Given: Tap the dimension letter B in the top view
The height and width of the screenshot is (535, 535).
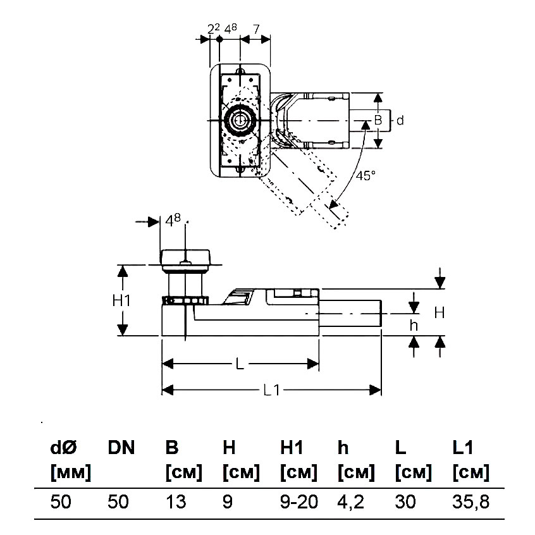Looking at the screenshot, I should pyautogui.click(x=378, y=120).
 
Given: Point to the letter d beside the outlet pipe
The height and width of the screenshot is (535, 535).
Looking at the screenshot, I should pyautogui.click(x=400, y=120).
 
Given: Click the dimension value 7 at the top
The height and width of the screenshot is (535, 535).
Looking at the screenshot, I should pyautogui.click(x=255, y=28).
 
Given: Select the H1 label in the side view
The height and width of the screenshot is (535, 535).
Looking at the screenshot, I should pyautogui.click(x=121, y=301).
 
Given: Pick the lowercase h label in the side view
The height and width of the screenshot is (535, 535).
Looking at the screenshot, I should pyautogui.click(x=414, y=325).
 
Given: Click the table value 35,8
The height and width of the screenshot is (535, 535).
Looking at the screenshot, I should pyautogui.click(x=471, y=502).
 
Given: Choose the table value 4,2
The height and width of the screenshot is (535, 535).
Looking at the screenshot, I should pyautogui.click(x=352, y=502).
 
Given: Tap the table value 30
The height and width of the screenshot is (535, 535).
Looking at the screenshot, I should pyautogui.click(x=405, y=502).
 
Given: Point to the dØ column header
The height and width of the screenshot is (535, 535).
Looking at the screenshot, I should pyautogui.click(x=63, y=448).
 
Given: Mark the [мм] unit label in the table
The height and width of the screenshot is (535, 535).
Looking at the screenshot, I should pyautogui.click(x=71, y=472).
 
